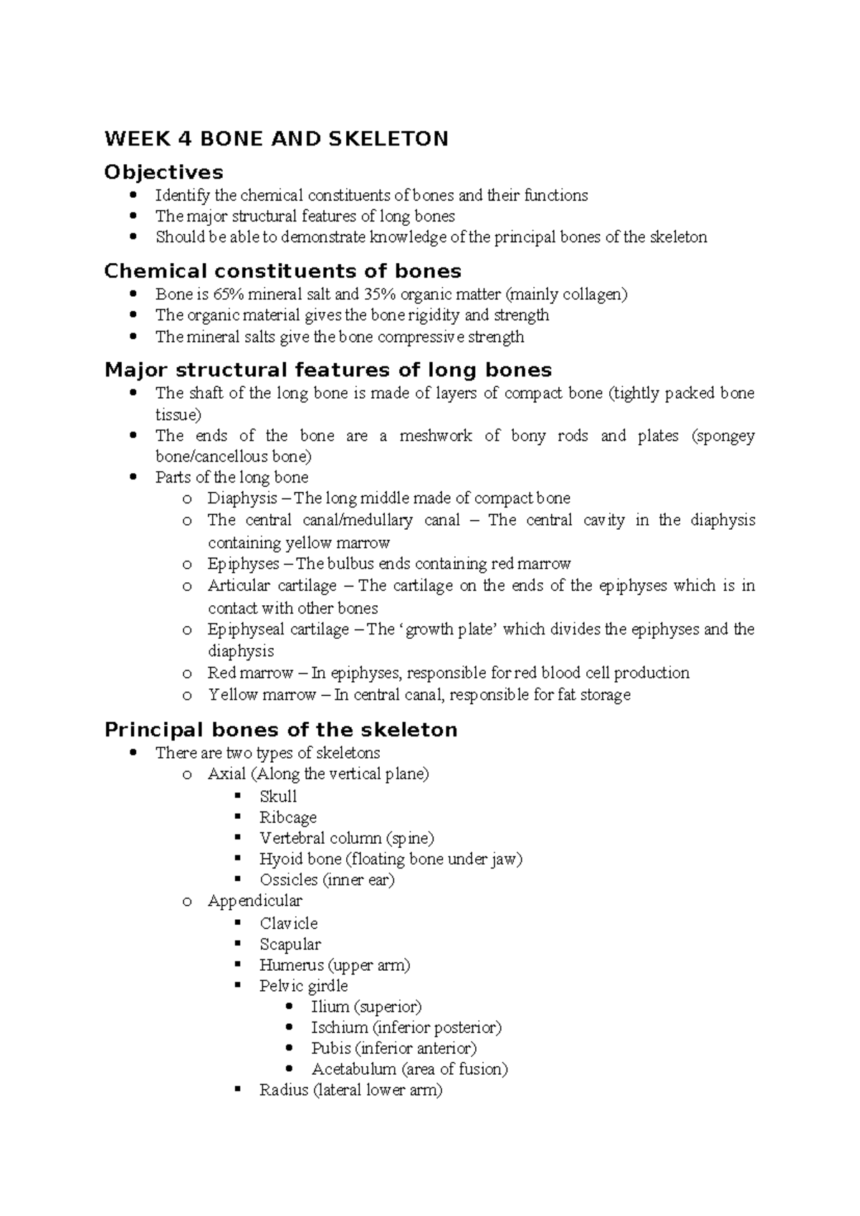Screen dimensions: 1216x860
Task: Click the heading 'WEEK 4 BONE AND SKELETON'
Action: tap(276, 138)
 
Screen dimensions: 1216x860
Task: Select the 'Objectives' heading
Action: tap(163, 172)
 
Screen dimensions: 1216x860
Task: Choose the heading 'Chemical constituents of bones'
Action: tap(282, 271)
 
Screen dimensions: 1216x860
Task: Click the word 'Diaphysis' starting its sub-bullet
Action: tap(242, 498)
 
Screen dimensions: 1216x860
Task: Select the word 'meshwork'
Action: tap(435, 436)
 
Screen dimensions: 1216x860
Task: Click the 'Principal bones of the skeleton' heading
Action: tap(280, 730)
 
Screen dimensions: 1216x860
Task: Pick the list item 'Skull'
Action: tap(278, 797)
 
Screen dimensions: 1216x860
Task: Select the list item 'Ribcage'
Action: tap(288, 817)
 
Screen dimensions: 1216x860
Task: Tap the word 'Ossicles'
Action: tap(288, 880)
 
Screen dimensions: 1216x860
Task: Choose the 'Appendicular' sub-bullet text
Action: tap(254, 901)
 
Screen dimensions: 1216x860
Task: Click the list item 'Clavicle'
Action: tap(288, 923)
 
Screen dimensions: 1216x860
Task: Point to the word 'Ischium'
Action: tap(339, 1027)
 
